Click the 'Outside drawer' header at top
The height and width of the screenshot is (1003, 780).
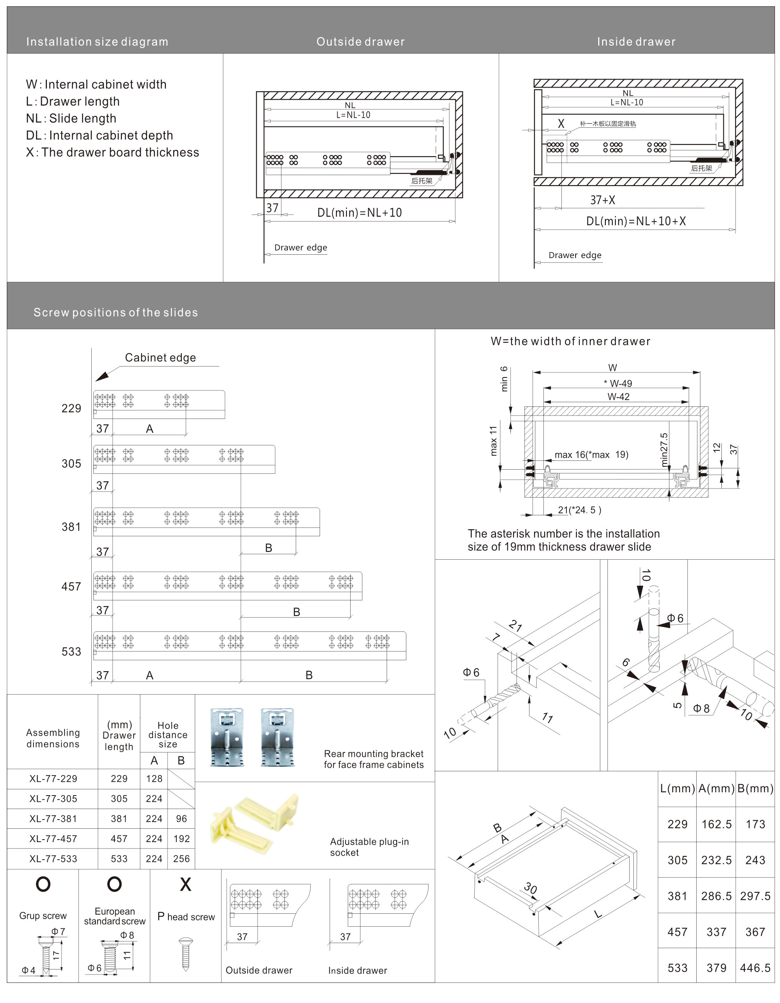click(360, 42)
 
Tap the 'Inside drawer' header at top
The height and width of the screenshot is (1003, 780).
click(636, 42)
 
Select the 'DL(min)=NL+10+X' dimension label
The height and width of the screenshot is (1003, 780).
click(636, 221)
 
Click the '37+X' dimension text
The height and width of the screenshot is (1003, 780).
click(602, 200)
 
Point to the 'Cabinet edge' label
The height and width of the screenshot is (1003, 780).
click(160, 358)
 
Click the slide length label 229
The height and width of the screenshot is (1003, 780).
click(71, 408)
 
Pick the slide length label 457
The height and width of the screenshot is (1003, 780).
click(71, 587)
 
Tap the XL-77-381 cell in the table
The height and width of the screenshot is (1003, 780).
click(53, 818)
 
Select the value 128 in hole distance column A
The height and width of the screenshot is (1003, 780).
click(154, 778)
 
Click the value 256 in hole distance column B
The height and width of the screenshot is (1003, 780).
click(181, 858)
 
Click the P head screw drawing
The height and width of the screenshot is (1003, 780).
click(186, 954)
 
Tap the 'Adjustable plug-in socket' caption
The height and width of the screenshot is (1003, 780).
click(369, 847)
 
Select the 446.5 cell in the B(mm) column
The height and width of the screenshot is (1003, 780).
click(755, 968)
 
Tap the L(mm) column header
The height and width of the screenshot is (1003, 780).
click(677, 788)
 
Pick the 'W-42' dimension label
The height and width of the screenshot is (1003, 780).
click(618, 397)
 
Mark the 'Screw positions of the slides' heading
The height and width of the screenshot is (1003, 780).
click(116, 312)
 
